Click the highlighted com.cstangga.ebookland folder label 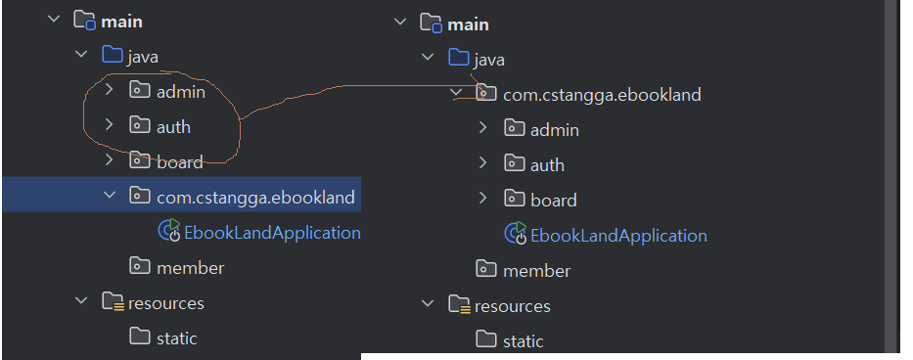(x=255, y=197)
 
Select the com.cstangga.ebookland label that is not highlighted (x=602, y=94)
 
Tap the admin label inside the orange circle (x=181, y=91)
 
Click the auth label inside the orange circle (x=173, y=126)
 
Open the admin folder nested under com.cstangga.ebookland (x=555, y=129)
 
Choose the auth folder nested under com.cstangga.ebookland (x=547, y=165)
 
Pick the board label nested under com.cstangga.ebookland (x=554, y=200)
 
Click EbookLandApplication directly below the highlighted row (x=272, y=233)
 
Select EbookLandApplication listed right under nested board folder (x=619, y=236)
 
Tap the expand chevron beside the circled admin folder (x=109, y=90)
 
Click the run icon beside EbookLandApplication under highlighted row (x=169, y=231)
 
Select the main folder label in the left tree (x=121, y=22)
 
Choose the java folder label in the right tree (x=489, y=60)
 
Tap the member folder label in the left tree (x=191, y=267)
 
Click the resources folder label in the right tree (x=513, y=306)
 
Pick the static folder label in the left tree (x=177, y=337)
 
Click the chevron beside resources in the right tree (x=428, y=303)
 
